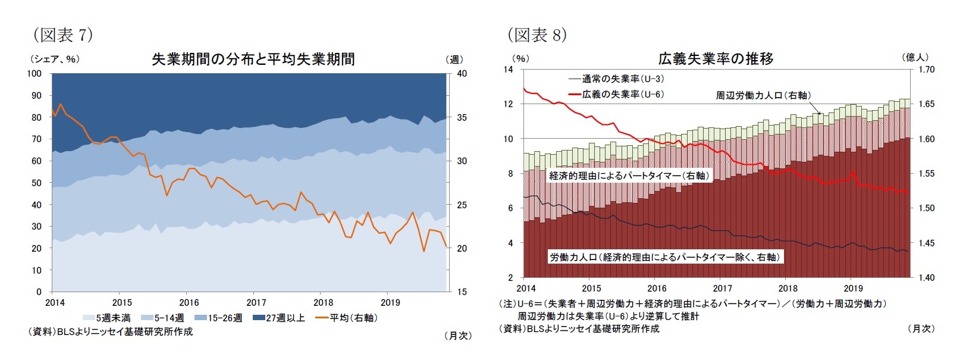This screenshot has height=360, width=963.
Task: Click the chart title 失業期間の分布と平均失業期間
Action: (253, 60)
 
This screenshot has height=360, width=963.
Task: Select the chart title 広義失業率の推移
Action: (716, 59)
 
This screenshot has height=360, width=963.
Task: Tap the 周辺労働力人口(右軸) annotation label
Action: (763, 95)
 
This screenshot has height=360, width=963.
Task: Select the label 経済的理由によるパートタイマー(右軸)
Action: (629, 176)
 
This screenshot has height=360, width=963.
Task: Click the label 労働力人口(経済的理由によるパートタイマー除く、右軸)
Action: (664, 257)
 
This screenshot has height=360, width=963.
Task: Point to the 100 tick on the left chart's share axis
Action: (34, 74)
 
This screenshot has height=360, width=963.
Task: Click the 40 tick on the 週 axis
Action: (462, 74)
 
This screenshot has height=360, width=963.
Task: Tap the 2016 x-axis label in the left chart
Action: (189, 303)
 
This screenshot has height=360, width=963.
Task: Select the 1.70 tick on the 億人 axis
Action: (926, 70)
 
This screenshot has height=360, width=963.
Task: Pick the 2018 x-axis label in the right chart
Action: (788, 289)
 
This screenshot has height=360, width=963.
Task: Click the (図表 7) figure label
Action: (63, 35)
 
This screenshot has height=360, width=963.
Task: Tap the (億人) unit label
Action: (915, 57)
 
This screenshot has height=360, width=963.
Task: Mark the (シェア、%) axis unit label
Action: (54, 59)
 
